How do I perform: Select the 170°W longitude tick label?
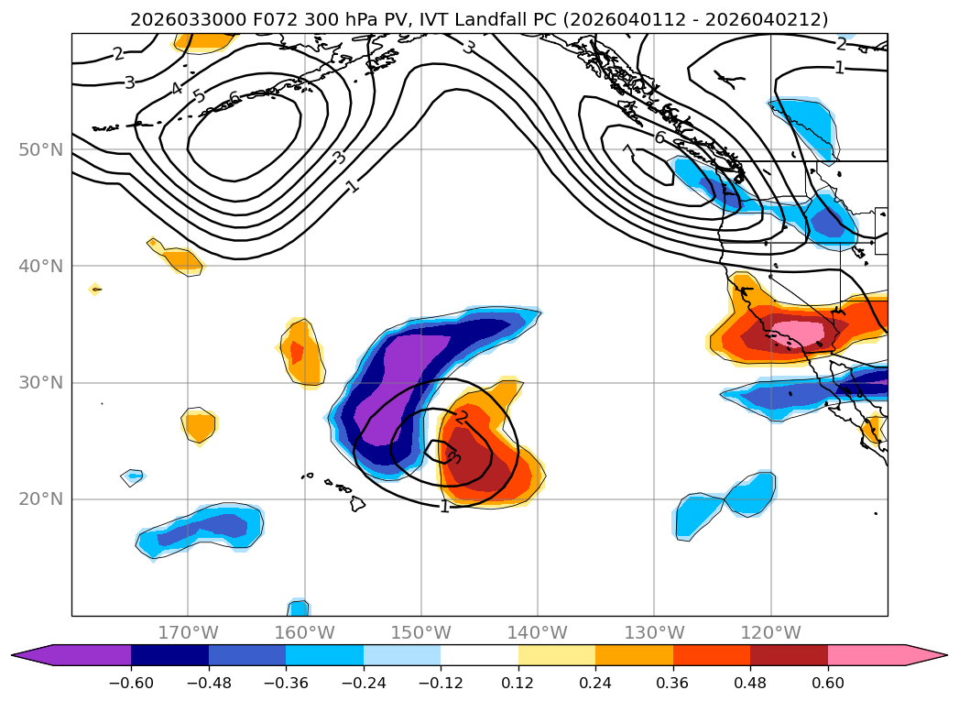pos(188,632)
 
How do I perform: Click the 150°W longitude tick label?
pos(420,632)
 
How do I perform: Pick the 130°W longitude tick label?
pos(654,632)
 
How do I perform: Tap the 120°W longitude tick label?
pos(770,632)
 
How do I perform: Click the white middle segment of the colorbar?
pos(479,655)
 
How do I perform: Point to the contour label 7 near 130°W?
pos(627,150)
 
